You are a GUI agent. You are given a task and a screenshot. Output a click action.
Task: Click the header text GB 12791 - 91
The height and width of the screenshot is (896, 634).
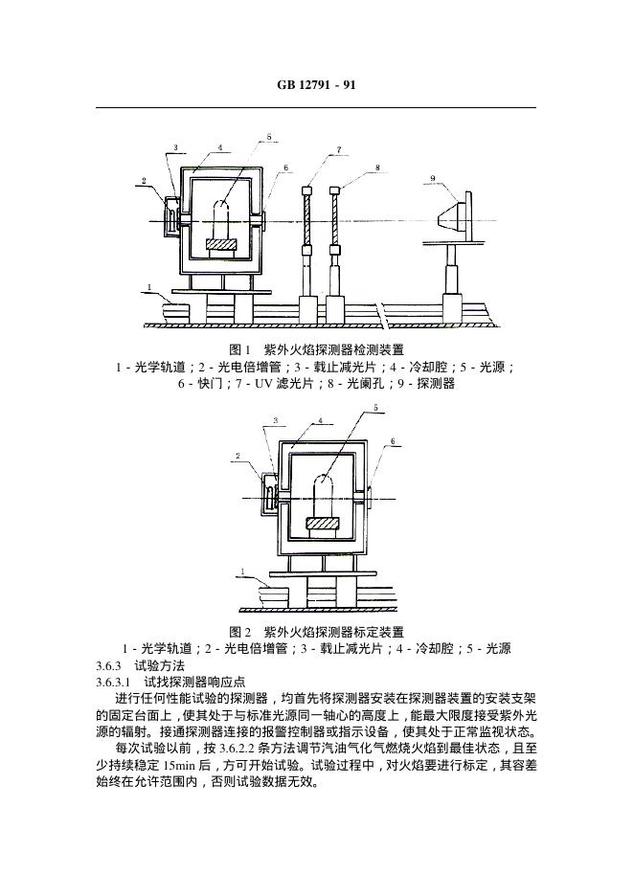tap(316, 84)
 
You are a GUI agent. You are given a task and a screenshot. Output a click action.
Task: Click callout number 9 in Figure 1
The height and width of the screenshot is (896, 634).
tap(433, 178)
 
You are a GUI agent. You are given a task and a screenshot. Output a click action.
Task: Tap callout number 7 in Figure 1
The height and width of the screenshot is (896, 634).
tap(339, 149)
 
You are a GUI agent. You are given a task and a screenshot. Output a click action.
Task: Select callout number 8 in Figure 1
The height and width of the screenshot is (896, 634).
tap(377, 168)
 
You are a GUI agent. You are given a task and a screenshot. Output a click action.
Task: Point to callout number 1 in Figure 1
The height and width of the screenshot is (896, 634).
tap(149, 287)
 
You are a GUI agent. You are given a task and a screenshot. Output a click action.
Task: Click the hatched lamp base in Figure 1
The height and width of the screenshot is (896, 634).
tap(221, 243)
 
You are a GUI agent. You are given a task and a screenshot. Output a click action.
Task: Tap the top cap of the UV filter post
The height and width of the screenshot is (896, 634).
tap(307, 190)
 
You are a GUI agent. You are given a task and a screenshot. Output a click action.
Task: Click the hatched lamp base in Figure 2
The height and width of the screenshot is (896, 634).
tap(323, 523)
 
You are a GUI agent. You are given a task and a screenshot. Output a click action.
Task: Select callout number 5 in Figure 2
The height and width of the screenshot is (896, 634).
tap(375, 408)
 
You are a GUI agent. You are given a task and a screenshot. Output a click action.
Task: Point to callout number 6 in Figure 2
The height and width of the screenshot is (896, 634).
tap(393, 441)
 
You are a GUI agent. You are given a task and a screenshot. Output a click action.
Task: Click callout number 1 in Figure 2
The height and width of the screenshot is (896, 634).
tap(243, 571)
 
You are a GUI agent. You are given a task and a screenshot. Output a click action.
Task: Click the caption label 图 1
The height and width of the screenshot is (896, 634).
tap(240, 349)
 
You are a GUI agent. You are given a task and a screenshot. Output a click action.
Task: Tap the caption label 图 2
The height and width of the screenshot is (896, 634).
tap(240, 632)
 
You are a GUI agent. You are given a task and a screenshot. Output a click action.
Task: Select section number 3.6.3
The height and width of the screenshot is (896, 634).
tap(108, 665)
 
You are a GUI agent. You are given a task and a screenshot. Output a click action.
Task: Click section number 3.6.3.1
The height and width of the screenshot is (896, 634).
tap(113, 683)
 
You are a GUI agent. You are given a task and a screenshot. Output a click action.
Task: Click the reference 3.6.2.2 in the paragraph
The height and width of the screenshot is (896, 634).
tap(237, 749)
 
